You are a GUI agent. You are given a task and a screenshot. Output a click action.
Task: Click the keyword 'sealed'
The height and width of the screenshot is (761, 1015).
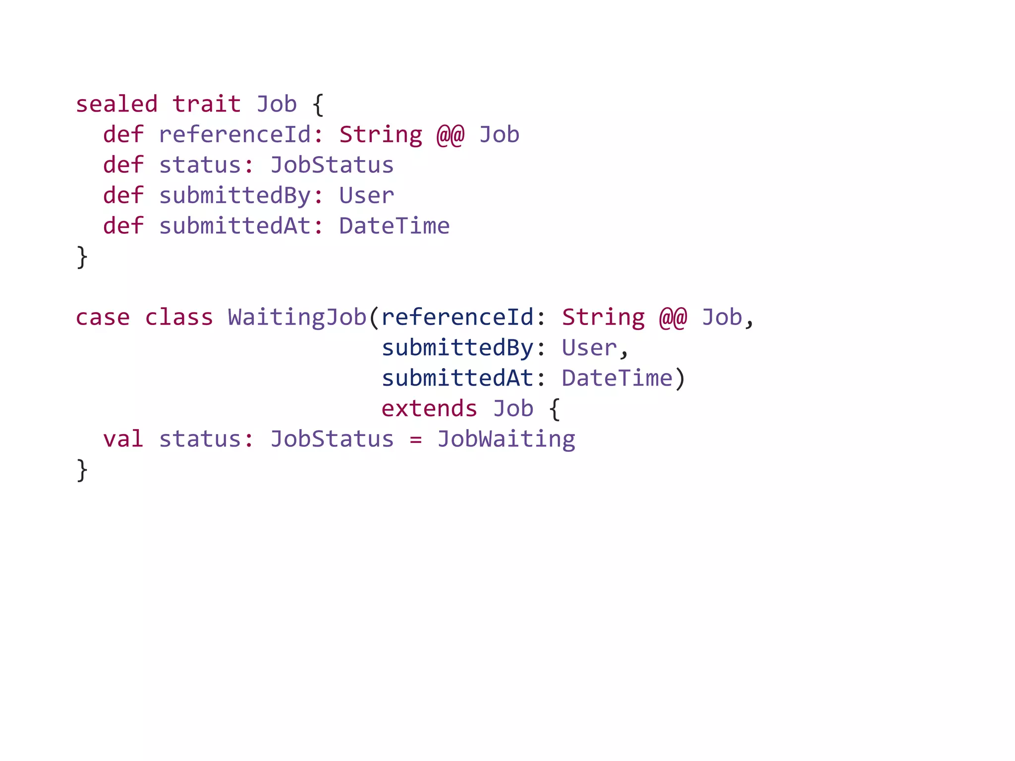(x=116, y=105)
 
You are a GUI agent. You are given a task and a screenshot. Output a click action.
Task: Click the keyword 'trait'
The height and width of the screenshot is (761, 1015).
(x=206, y=105)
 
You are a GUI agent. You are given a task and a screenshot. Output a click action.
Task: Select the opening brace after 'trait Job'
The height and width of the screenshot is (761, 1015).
(x=318, y=106)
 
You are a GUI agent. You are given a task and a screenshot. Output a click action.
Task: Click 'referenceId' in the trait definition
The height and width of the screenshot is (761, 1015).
(x=235, y=135)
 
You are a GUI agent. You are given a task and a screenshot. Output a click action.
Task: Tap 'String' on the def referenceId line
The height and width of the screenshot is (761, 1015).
(x=380, y=135)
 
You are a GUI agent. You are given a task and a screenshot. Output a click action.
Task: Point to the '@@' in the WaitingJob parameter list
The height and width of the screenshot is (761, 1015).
(x=673, y=318)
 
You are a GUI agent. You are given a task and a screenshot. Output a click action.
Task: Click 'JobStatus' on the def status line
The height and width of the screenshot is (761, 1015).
(x=332, y=165)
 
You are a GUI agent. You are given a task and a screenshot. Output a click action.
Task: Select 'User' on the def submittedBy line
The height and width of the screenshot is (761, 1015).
(x=366, y=196)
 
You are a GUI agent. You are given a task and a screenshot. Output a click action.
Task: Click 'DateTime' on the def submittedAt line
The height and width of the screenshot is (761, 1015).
(x=394, y=226)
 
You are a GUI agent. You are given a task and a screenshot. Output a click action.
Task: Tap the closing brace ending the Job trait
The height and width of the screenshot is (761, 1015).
(x=82, y=257)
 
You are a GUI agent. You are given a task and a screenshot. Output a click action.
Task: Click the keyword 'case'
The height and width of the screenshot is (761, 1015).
(x=103, y=318)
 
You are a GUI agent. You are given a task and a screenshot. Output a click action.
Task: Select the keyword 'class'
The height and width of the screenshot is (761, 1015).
(x=179, y=318)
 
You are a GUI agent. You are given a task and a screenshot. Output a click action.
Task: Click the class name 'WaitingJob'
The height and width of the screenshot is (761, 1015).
(x=297, y=318)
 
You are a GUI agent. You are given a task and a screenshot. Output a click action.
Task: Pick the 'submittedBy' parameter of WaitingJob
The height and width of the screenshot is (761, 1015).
(x=457, y=348)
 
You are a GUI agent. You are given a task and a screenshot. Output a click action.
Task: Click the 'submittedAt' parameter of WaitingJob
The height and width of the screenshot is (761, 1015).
(x=457, y=379)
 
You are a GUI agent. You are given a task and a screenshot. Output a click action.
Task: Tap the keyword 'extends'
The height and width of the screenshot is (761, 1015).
(x=429, y=409)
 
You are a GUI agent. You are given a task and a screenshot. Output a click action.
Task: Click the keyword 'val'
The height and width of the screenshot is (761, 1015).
(x=123, y=439)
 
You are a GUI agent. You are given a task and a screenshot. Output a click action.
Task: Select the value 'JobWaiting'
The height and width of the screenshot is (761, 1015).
(x=506, y=439)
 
